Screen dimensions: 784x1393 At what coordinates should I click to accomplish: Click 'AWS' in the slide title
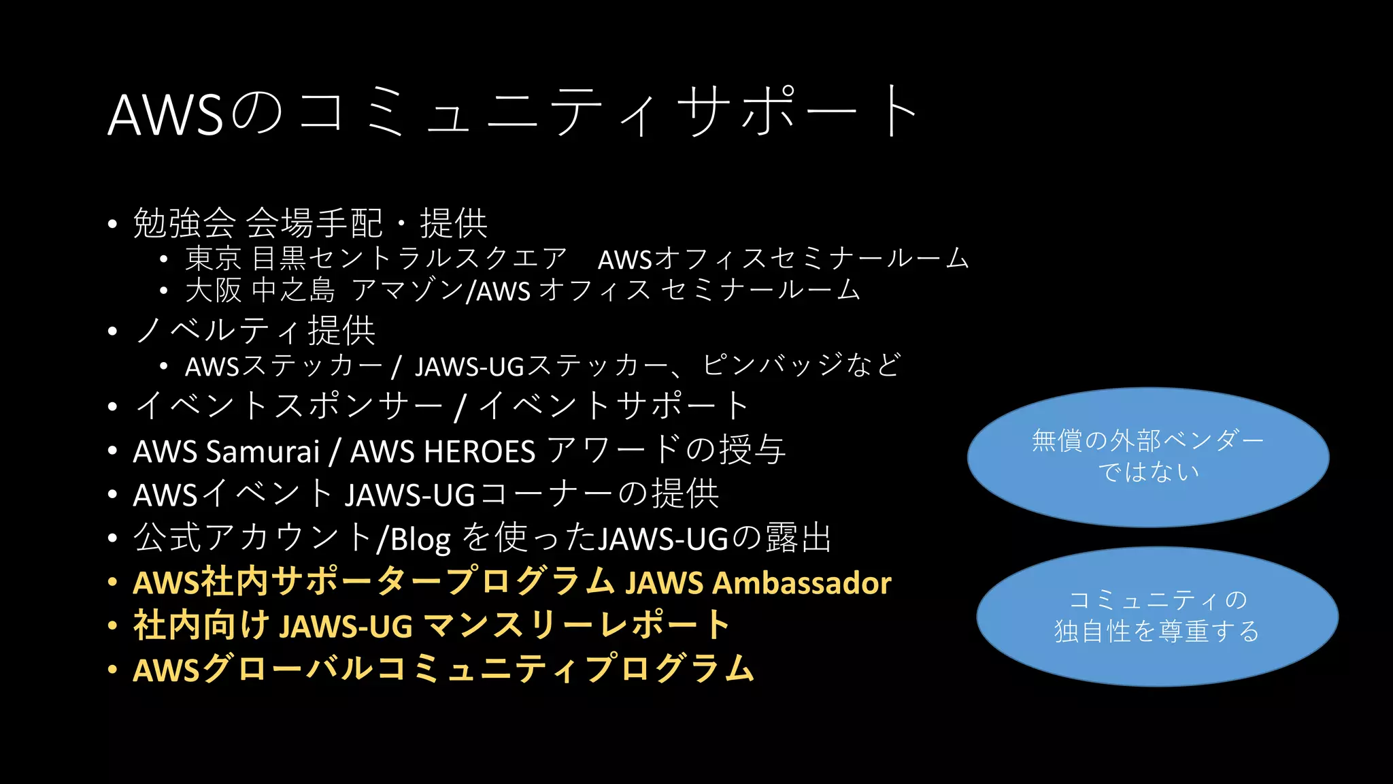coord(165,114)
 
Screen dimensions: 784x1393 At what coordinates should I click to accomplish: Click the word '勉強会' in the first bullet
coord(184,223)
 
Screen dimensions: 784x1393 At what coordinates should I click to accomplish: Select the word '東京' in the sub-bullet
coord(213,259)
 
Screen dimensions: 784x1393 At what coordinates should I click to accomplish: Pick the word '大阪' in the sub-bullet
coord(213,291)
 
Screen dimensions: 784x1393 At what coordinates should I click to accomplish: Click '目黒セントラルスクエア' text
coord(409,259)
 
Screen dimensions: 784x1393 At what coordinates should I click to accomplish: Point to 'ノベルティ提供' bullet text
coord(255,331)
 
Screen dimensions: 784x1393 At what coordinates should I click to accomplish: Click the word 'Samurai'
coord(263,451)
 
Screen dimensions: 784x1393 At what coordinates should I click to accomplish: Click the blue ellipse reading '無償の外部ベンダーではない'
coord(1148,457)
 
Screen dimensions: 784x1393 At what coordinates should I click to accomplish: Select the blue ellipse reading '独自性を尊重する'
coord(1157,616)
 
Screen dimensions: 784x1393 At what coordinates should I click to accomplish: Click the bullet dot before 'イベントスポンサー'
coord(113,407)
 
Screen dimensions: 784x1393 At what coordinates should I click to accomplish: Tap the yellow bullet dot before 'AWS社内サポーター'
coord(113,583)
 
